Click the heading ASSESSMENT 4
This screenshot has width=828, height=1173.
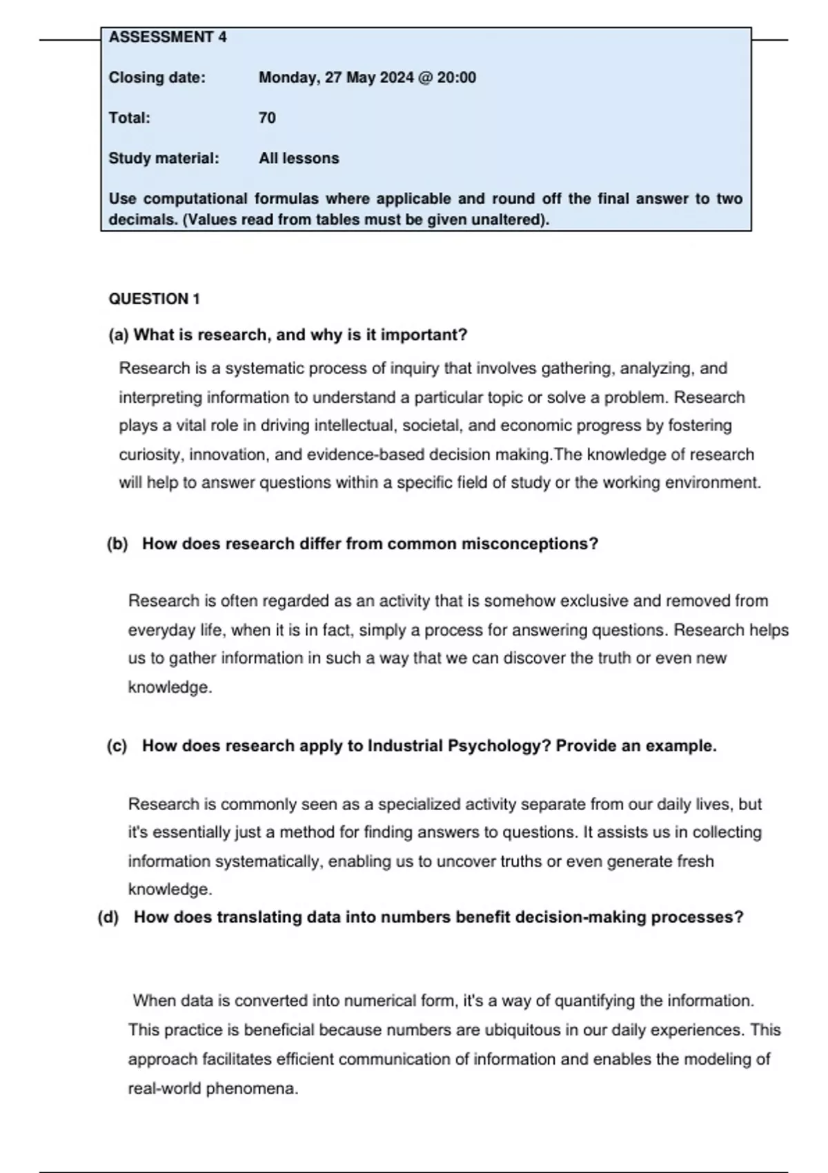click(x=168, y=37)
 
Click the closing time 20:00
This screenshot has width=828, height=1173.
click(x=456, y=77)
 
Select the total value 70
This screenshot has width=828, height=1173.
click(x=267, y=118)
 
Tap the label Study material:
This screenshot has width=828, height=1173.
click(x=164, y=158)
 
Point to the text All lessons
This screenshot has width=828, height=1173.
click(x=299, y=158)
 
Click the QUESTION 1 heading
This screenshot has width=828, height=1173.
click(x=154, y=299)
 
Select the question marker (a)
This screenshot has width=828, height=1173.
click(x=119, y=335)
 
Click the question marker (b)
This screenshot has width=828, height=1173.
click(x=117, y=544)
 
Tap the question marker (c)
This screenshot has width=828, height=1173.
click(x=117, y=746)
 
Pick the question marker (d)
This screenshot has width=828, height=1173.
click(x=108, y=917)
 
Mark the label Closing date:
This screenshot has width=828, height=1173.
click(x=157, y=77)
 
